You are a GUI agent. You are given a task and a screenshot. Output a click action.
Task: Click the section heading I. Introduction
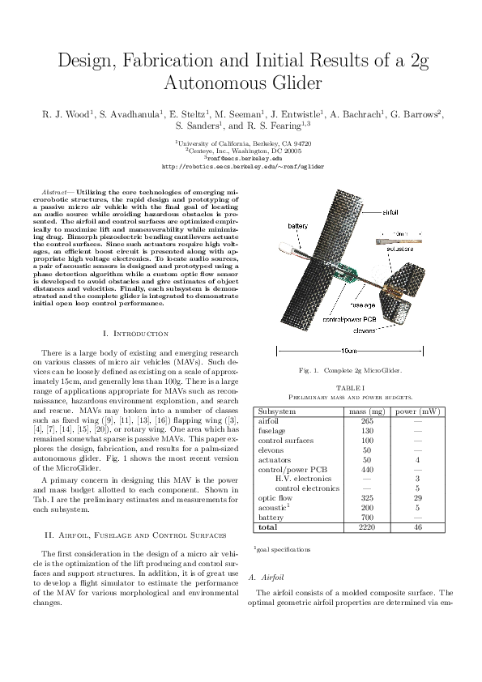[136, 333]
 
